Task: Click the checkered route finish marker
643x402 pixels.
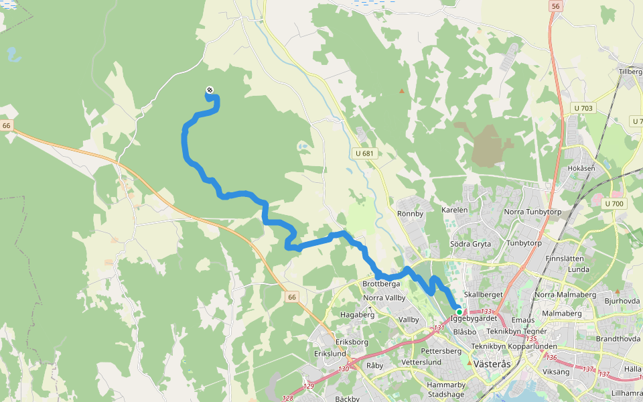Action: (210, 90)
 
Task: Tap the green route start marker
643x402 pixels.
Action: (459, 312)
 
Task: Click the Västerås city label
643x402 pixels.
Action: (492, 364)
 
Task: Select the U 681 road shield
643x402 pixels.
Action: (364, 153)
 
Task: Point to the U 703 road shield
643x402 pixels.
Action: (583, 108)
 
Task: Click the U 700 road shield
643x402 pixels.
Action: (614, 203)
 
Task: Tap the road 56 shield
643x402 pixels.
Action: (555, 6)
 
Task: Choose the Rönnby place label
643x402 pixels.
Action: (411, 214)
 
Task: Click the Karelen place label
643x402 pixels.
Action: (455, 210)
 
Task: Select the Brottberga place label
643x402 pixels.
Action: (381, 284)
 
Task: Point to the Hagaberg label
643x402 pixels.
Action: (357, 314)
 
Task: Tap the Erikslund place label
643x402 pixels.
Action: (330, 353)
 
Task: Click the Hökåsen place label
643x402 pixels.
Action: (581, 168)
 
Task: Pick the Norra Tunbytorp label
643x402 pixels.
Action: (532, 212)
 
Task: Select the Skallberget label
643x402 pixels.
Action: (483, 295)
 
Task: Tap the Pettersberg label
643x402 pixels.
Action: (441, 351)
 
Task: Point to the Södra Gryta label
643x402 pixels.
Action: (470, 244)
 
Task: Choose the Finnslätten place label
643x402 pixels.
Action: (565, 258)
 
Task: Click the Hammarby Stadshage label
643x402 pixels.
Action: (446, 390)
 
